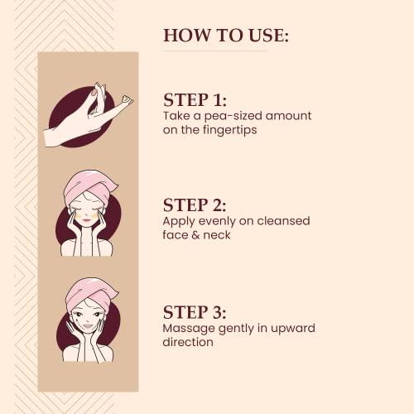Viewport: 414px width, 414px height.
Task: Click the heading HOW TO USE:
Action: [226, 36]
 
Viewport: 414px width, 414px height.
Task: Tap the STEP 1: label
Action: [195, 100]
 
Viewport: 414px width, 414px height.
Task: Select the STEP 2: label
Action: [195, 205]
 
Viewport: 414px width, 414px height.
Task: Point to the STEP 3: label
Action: [195, 312]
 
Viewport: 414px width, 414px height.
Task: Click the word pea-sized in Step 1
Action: [233, 116]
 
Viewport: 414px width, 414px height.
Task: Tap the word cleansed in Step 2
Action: [283, 221]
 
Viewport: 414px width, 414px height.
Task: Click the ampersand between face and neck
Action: [195, 235]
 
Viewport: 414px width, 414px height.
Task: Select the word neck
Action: [217, 235]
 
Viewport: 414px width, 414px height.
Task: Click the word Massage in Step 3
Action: [189, 329]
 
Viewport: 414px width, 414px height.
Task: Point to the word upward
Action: [293, 328]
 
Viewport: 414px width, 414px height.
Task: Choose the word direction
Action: [188, 342]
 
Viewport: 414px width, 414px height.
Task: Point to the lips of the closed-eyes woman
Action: [85, 220]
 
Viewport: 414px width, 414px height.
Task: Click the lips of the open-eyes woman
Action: [88, 327]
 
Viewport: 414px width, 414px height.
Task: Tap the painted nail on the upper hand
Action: [94, 92]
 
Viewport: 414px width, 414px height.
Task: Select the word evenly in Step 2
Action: [217, 221]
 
